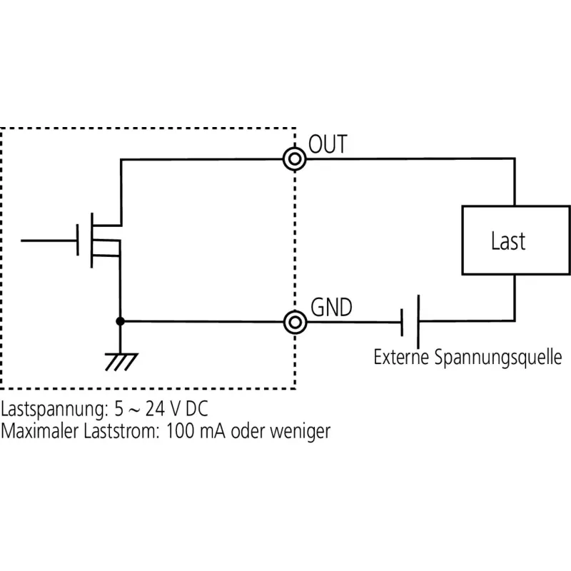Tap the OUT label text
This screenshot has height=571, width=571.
tap(328, 144)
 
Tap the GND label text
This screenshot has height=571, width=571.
tap(331, 308)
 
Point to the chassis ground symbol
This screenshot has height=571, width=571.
tap(121, 362)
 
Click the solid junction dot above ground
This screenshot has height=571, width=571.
tap(120, 321)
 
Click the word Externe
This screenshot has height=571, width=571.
tap(401, 357)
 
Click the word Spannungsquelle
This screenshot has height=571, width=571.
tap(498, 358)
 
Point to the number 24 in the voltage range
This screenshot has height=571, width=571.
tap(156, 409)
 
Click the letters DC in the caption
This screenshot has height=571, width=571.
tap(197, 409)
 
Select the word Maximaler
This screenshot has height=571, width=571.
tap(40, 431)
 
